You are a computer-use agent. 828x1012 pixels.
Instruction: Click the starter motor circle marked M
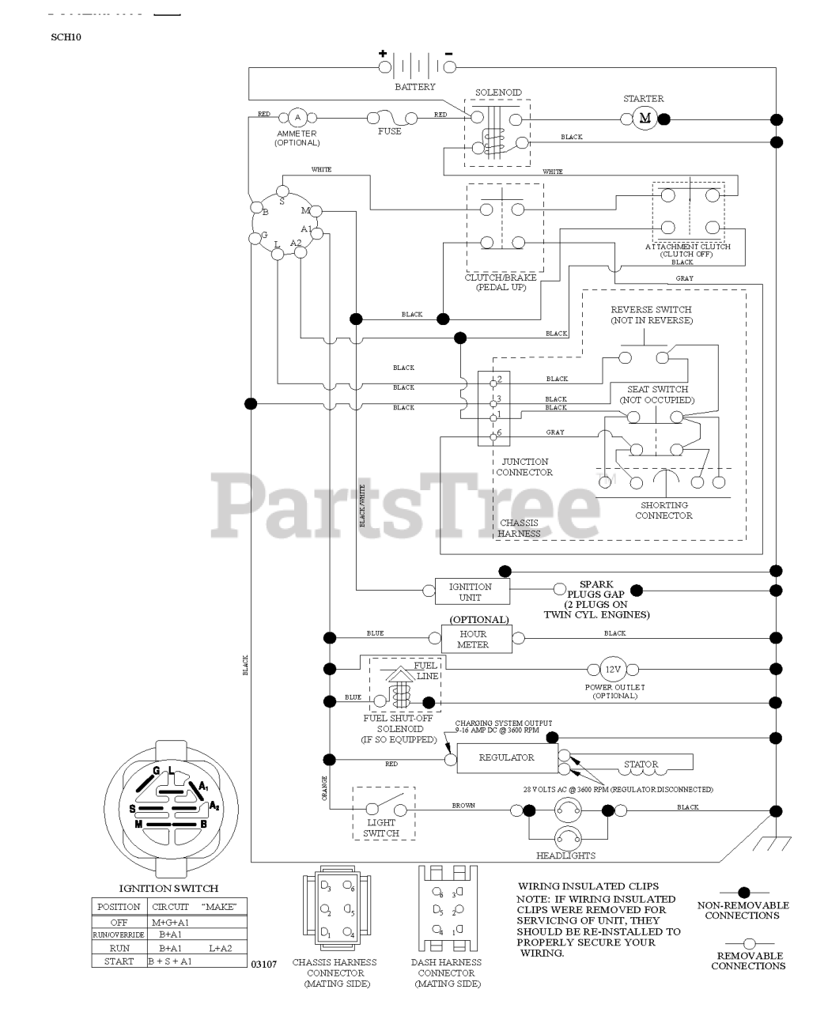tap(644, 119)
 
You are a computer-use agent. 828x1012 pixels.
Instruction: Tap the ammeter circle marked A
tap(297, 118)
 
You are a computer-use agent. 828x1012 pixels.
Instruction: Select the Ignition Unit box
tap(470, 591)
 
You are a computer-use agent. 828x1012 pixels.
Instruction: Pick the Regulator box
tap(506, 757)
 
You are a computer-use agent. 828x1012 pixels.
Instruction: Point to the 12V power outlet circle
tap(613, 670)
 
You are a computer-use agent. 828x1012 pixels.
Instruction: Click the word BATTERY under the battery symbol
tap(414, 87)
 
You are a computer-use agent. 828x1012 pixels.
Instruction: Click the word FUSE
tap(390, 131)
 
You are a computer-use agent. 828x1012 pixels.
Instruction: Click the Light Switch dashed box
tap(384, 812)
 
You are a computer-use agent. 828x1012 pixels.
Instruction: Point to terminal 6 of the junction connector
tap(493, 433)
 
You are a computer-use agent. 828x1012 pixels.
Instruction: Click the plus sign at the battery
tap(383, 55)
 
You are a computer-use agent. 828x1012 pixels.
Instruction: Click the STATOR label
tap(641, 765)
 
